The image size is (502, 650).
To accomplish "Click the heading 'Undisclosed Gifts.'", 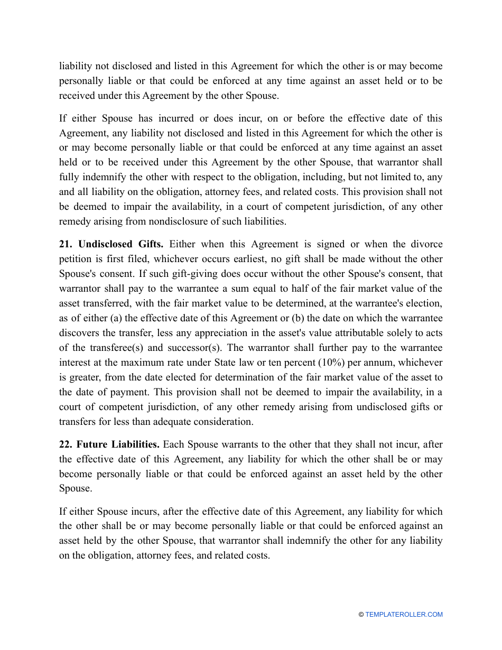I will pyautogui.click(x=121, y=244).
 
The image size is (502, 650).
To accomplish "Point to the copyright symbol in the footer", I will pyautogui.click(x=361, y=615).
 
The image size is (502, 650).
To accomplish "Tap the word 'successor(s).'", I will pyautogui.click(x=200, y=348).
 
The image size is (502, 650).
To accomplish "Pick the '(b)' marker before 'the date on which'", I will pyautogui.click(x=299, y=318).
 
